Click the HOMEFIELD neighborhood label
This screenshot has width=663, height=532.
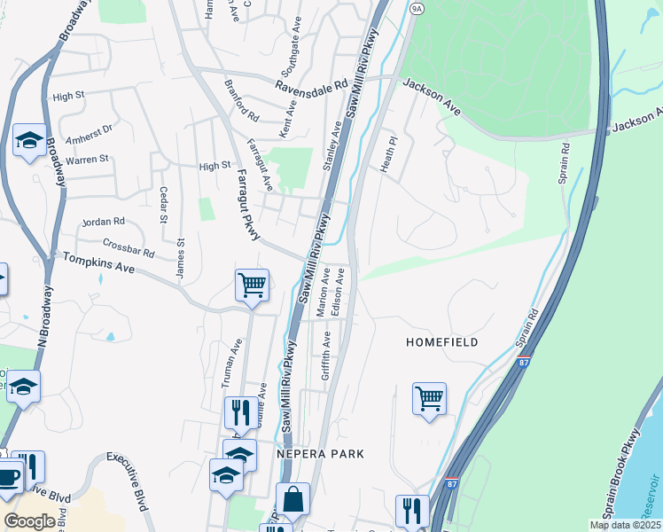[442, 342]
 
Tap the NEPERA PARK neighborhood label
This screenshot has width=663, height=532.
[320, 453]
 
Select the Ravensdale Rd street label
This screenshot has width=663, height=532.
[310, 87]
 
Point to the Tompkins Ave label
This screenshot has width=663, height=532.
[97, 262]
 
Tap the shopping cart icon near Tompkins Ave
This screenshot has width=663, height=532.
[253, 286]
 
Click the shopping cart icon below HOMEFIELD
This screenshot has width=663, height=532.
[429, 398]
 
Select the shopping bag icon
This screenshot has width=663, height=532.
[292, 499]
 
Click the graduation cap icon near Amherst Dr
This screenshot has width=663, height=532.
[29, 140]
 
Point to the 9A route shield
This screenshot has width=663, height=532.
[417, 7]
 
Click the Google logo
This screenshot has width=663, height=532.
[28, 521]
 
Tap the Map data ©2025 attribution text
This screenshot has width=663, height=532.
[625, 525]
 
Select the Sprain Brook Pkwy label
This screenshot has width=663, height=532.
[628, 483]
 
